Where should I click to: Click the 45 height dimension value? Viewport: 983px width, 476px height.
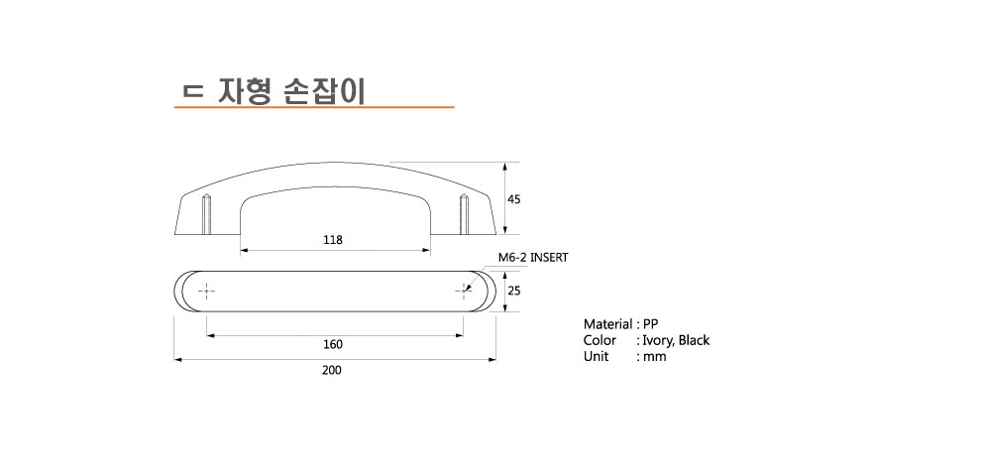pos(514,199)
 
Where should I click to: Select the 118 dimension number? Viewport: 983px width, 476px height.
pos(333,240)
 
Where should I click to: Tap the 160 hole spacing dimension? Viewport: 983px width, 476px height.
pos(333,344)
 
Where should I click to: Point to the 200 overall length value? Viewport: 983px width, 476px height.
pos(332,370)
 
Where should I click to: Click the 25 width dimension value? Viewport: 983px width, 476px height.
pos(514,291)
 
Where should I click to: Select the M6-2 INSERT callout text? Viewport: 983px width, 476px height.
pos(533,257)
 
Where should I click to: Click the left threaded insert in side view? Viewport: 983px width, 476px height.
pos(206,214)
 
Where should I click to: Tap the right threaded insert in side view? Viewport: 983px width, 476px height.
pos(464,214)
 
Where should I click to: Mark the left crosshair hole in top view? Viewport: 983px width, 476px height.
pos(207,291)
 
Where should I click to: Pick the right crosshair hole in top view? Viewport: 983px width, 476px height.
pos(464,291)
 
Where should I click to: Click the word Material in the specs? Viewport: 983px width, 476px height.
pos(607,324)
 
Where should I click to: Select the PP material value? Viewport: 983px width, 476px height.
pos(651,324)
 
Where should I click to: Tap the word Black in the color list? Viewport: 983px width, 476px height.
pos(694,340)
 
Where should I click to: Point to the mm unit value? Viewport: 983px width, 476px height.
pos(654,357)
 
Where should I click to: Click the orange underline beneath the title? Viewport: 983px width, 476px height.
pos(314,107)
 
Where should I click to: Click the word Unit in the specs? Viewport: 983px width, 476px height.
pos(596,357)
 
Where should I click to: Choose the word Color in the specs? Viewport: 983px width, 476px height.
pos(600,340)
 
